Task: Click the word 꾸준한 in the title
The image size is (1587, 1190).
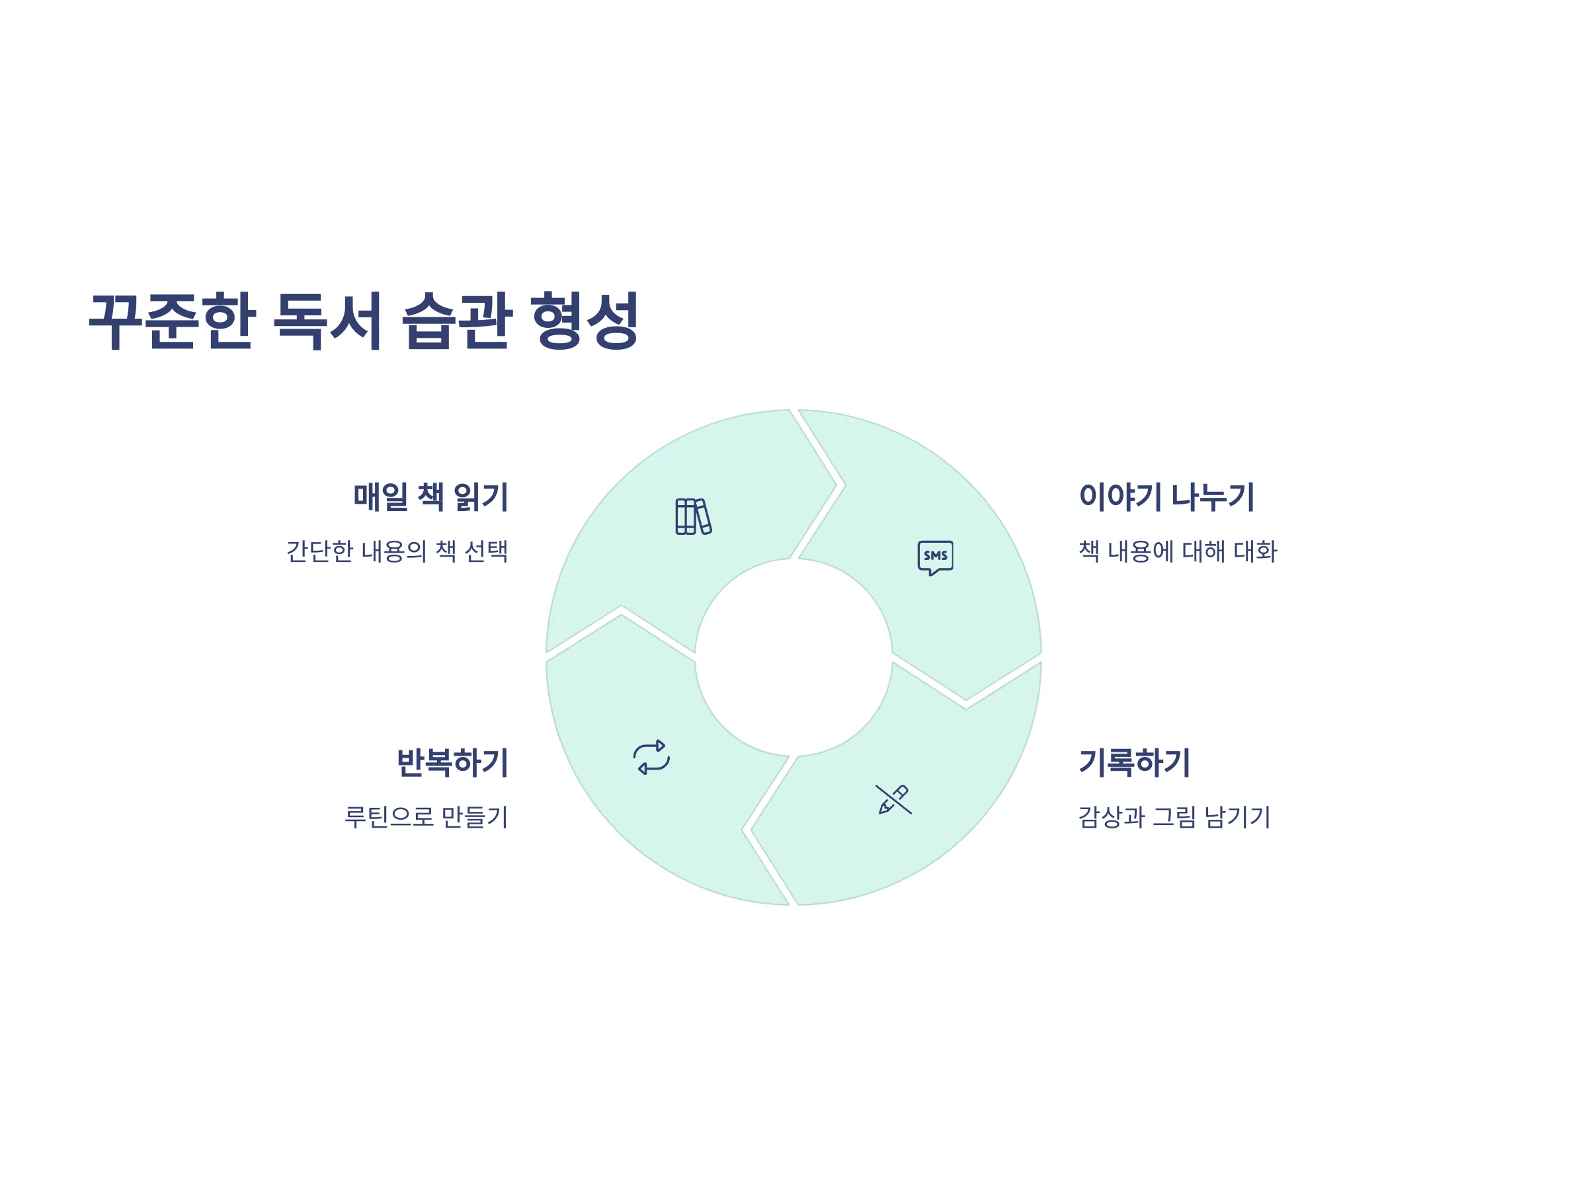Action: point(172,321)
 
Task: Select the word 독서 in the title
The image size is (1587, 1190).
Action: point(327,321)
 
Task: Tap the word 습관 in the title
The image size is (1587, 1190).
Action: point(456,321)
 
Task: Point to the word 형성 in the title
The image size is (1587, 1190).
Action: point(585,321)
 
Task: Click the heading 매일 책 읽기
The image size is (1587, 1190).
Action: point(430,497)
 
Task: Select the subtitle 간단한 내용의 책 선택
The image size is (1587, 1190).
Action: point(397,551)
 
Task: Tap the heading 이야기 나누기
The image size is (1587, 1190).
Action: point(1166,497)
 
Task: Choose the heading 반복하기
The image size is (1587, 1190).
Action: point(453,762)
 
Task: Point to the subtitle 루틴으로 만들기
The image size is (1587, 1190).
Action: point(426,816)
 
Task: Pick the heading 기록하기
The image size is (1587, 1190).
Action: point(1134,762)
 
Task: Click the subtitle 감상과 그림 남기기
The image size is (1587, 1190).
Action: point(1174,816)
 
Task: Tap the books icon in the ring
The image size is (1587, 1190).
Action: point(693,516)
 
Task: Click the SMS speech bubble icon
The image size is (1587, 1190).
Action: point(936,558)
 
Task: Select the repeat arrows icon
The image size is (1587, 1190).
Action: point(651,758)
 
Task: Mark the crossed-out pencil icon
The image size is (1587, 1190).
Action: point(893,799)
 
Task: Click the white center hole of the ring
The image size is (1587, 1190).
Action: point(793,657)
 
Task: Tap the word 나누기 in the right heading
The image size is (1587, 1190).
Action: point(1213,497)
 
